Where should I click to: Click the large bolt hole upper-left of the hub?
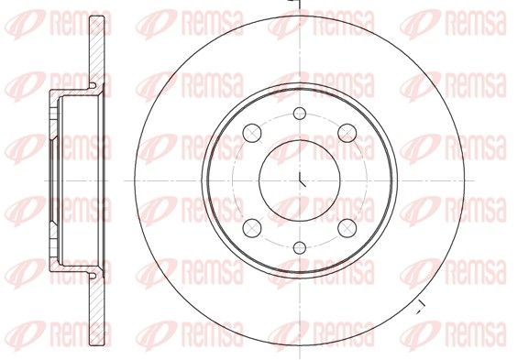pyautogui.click(x=252, y=134)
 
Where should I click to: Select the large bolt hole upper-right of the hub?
pyautogui.click(x=347, y=134)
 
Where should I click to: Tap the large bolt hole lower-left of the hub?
pyautogui.click(x=252, y=228)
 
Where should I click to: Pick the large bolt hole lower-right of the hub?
pyautogui.click(x=347, y=228)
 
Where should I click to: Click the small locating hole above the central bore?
pyautogui.click(x=300, y=114)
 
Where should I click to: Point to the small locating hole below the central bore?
pyautogui.click(x=300, y=248)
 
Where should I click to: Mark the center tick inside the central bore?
pyautogui.click(x=302, y=180)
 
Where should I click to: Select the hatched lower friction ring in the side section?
pyautogui.click(x=97, y=311)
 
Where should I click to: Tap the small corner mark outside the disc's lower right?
pyautogui.click(x=421, y=308)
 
